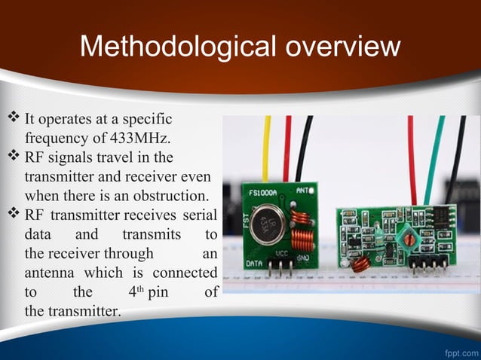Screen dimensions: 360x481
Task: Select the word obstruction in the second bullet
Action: (168, 197)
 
